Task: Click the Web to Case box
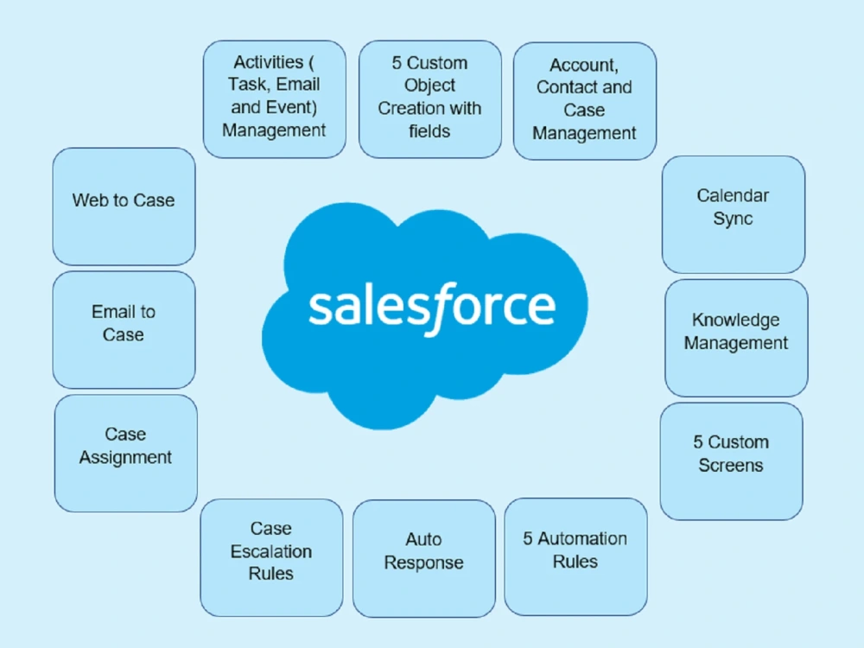(124, 206)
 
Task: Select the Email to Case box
(124, 329)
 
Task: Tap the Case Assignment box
(126, 453)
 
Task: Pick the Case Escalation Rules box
(271, 557)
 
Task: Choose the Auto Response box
(424, 558)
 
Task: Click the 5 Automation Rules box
(575, 556)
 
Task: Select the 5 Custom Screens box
(732, 461)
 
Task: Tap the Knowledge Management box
(737, 338)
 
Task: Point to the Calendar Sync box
(734, 214)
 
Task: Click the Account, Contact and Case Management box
(585, 101)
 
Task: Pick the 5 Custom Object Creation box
(430, 99)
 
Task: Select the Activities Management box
(275, 99)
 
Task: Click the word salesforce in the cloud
(432, 308)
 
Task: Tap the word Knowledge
(736, 321)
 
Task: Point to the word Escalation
(271, 551)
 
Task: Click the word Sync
(733, 219)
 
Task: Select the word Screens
(731, 465)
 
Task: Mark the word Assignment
(125, 458)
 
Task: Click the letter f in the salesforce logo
(444, 308)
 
